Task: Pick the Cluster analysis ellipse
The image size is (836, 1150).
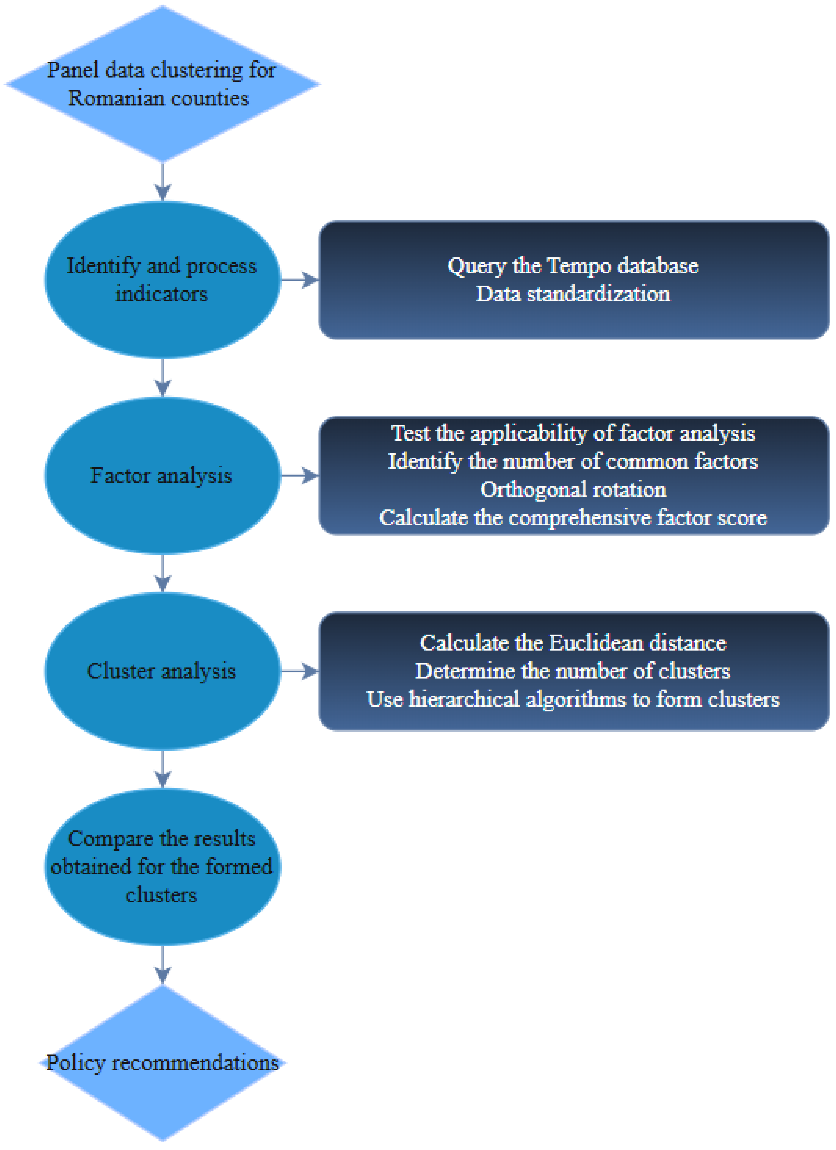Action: (x=162, y=671)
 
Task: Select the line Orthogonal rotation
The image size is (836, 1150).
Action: (x=573, y=489)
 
